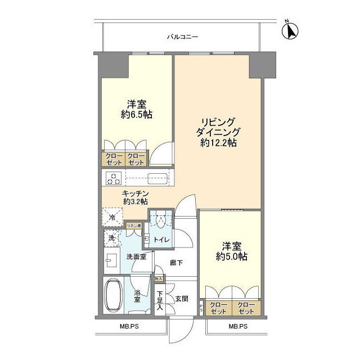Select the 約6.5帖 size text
point(136,115)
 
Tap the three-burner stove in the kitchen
point(114,179)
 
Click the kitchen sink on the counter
point(155,179)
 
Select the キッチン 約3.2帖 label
point(135,196)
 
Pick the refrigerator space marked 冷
point(111,217)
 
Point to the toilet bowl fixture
point(161,221)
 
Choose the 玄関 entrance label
point(181,298)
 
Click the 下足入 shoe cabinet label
point(160,300)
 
